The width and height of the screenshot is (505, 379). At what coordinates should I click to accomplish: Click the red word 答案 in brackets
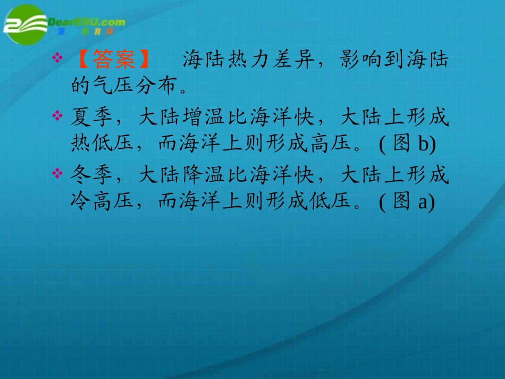click(114, 61)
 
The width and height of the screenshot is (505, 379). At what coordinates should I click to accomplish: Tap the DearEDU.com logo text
click(87, 22)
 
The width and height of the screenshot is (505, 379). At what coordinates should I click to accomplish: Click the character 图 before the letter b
click(401, 144)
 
